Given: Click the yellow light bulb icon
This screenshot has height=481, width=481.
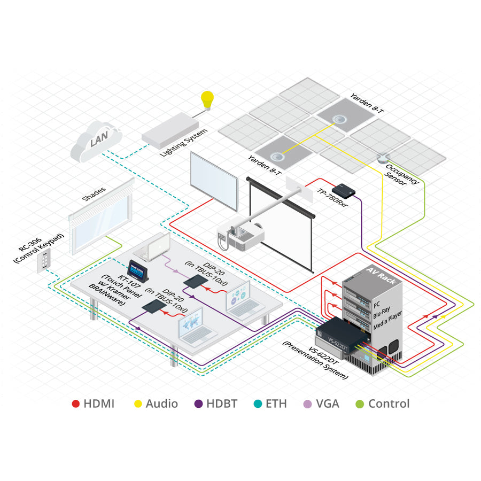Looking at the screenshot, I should coord(206,100).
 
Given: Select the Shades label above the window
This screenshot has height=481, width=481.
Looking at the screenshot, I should coord(94,193).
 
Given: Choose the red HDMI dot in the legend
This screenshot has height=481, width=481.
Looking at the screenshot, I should coord(75,404).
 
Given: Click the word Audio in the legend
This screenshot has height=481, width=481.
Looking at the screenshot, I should coord(161,404).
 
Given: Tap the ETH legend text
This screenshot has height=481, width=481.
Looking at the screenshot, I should coord(276,404).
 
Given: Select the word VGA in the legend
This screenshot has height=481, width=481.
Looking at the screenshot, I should coord(327,404).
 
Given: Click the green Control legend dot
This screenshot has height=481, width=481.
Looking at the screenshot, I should coord(359,404).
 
